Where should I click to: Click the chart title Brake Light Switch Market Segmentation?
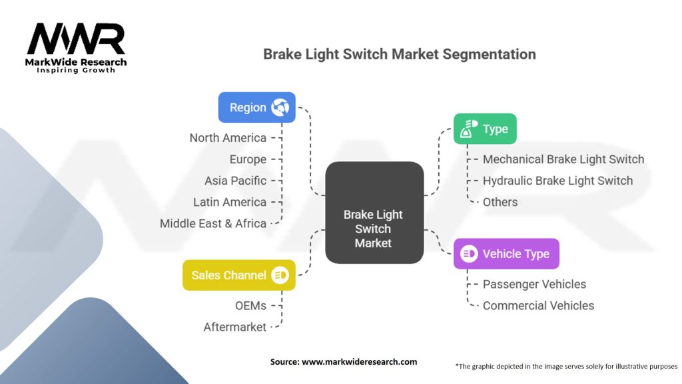click(x=400, y=54)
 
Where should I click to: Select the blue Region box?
click(x=257, y=107)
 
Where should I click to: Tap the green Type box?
click(x=485, y=129)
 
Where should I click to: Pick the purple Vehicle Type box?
click(x=506, y=253)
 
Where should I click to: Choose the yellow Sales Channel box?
click(x=238, y=275)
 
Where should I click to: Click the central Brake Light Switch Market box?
click(x=374, y=212)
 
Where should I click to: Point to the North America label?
click(x=228, y=138)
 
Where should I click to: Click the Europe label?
click(x=248, y=159)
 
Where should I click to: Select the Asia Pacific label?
click(x=235, y=181)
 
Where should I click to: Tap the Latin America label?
click(x=230, y=202)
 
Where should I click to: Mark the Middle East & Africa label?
click(x=213, y=223)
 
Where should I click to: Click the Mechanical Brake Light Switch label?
click(x=563, y=159)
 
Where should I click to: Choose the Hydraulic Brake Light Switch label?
click(x=557, y=181)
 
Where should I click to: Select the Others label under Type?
click(x=500, y=202)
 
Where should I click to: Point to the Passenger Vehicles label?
click(x=534, y=284)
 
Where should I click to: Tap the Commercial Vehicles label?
click(x=538, y=305)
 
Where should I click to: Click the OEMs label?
click(x=250, y=305)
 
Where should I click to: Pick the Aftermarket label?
click(x=234, y=327)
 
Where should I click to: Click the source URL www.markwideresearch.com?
click(x=360, y=362)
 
